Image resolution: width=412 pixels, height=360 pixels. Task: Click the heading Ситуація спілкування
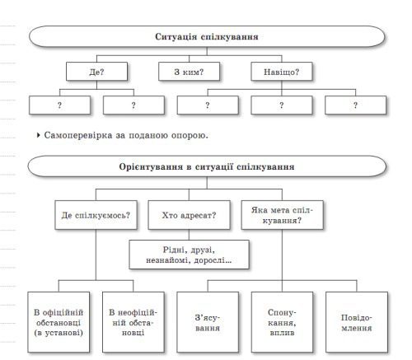(207, 37)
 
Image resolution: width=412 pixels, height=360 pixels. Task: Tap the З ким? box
(190, 72)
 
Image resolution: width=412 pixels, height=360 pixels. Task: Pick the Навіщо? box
(283, 72)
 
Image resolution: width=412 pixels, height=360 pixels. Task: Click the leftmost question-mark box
(60, 105)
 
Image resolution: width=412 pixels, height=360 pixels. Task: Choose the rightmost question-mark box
(355, 105)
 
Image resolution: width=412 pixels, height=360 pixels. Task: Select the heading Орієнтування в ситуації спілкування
(207, 167)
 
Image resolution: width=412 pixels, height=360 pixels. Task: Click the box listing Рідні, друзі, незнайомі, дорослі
(189, 253)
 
